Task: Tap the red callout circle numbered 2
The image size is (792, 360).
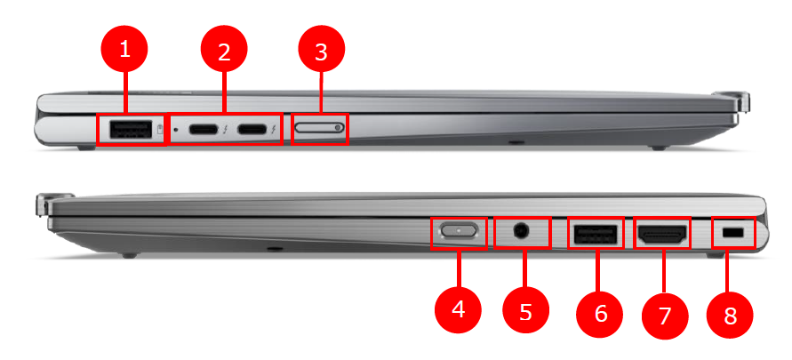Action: pyautogui.click(x=224, y=52)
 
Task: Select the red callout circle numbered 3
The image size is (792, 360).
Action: pyautogui.click(x=321, y=52)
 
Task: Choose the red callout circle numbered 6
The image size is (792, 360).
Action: pyautogui.click(x=600, y=313)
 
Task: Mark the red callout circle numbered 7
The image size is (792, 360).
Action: pyautogui.click(x=664, y=315)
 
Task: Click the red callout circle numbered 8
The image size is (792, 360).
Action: pyautogui.click(x=731, y=316)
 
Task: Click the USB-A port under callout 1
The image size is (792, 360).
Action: pyautogui.click(x=130, y=130)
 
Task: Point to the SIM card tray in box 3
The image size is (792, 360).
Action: pyautogui.click(x=320, y=129)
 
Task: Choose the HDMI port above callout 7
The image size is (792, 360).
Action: pyautogui.click(x=662, y=236)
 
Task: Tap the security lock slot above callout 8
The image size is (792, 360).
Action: pyautogui.click(x=734, y=233)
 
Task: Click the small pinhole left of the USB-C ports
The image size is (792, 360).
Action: pyautogui.click(x=177, y=130)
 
